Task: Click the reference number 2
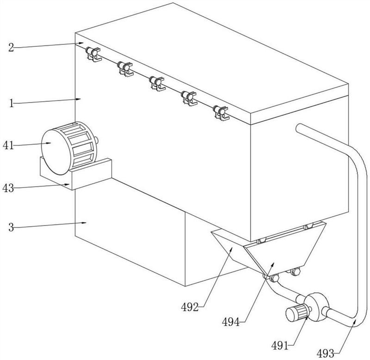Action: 11,48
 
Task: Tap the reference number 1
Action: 12,103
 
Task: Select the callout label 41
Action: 8,146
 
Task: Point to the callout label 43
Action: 8,189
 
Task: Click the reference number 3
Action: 11,227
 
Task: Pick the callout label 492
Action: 190,307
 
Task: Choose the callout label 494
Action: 230,322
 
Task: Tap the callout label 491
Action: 280,346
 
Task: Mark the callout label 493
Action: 325,354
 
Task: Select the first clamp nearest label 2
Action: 93,54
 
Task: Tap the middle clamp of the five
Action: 157,84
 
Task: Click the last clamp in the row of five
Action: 221,113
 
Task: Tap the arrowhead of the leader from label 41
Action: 49,143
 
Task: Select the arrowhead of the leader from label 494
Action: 272,264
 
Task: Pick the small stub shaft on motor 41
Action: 96,140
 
